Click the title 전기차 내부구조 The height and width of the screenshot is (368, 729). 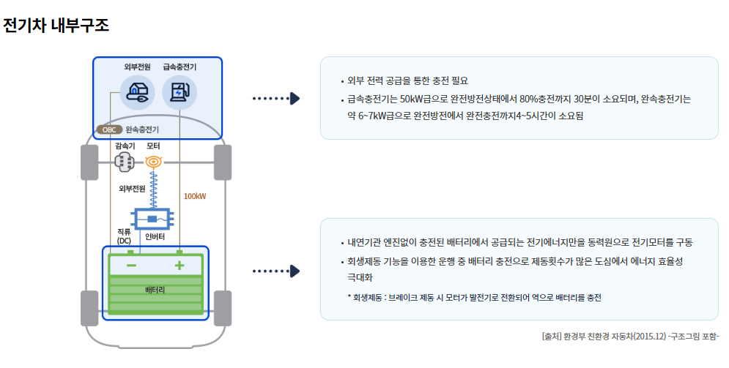coord(56,26)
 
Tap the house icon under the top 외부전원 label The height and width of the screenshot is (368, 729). coord(137,92)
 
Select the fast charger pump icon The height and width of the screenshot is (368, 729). coord(180,92)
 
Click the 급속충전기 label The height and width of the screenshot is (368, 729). coord(180,67)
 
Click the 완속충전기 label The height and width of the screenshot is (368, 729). coord(142,129)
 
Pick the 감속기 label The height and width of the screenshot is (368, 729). coord(125,146)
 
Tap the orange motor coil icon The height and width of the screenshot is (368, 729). coord(153,162)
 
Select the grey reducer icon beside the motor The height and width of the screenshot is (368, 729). coord(125,162)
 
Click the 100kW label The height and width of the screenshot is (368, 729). coord(195,196)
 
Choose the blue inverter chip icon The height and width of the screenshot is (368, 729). coord(152,218)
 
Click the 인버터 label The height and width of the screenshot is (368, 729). coord(155,237)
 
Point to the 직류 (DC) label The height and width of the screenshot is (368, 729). coord(124,236)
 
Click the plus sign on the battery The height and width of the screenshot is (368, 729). coord(179,265)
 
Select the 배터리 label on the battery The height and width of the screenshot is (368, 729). coord(155,290)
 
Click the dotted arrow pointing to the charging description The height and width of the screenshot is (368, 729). coord(275,98)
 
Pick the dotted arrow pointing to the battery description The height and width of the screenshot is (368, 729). coord(275,271)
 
